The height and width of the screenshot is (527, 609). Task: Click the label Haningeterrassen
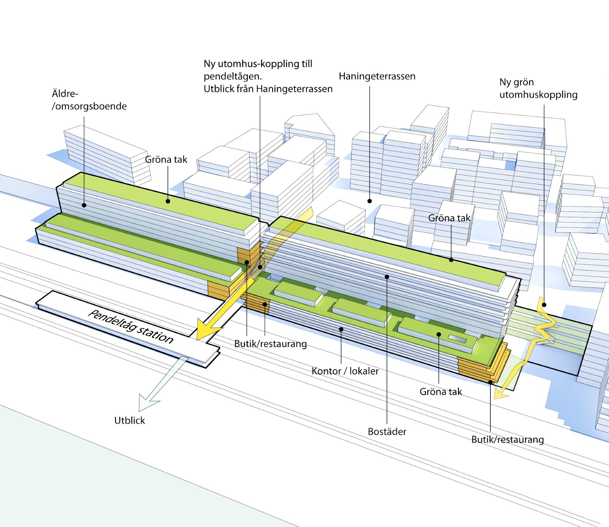point(377,76)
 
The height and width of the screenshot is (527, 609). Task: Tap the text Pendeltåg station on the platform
point(131,327)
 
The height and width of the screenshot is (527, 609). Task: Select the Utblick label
point(129,420)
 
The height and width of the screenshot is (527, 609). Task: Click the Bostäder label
point(387,432)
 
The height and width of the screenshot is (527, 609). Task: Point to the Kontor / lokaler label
point(345,371)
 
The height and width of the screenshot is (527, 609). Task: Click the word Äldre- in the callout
point(65,94)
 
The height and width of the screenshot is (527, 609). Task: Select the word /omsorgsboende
point(89,106)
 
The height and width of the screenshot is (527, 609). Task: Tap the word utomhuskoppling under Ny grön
point(538,95)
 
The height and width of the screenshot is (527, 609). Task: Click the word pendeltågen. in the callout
point(232,76)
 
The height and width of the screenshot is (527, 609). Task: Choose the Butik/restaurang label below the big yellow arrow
point(271,344)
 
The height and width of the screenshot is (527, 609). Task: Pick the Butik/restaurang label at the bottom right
point(507,439)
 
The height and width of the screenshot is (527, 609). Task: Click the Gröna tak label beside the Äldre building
point(166,159)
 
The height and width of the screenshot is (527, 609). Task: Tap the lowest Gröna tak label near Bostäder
point(441,392)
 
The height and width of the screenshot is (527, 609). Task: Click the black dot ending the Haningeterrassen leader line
point(370,201)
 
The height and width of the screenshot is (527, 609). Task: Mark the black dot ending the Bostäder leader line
point(387,277)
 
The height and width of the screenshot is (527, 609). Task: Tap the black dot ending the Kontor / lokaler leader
point(341,329)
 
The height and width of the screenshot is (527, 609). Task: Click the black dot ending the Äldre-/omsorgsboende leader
point(84,205)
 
